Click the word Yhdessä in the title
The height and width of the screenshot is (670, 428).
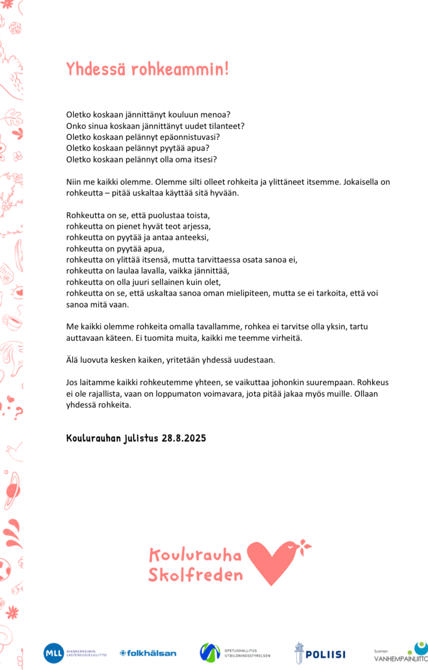pos(95,69)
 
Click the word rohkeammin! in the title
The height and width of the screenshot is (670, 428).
pos(180,69)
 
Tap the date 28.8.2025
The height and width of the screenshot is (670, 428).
pos(184,438)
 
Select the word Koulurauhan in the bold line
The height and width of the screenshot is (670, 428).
pos(93,438)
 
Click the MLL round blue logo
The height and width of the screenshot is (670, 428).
pos(53,653)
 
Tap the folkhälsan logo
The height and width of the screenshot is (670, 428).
pos(148,653)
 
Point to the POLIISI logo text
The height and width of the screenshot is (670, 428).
pos(326,654)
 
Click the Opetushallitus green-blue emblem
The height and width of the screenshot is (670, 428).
pos(210,653)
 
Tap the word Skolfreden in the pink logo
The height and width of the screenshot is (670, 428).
pos(195,575)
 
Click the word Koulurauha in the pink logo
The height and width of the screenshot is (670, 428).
pos(195,555)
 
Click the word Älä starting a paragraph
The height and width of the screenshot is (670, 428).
pos(72,360)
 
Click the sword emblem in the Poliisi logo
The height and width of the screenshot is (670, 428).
pos(299,653)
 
